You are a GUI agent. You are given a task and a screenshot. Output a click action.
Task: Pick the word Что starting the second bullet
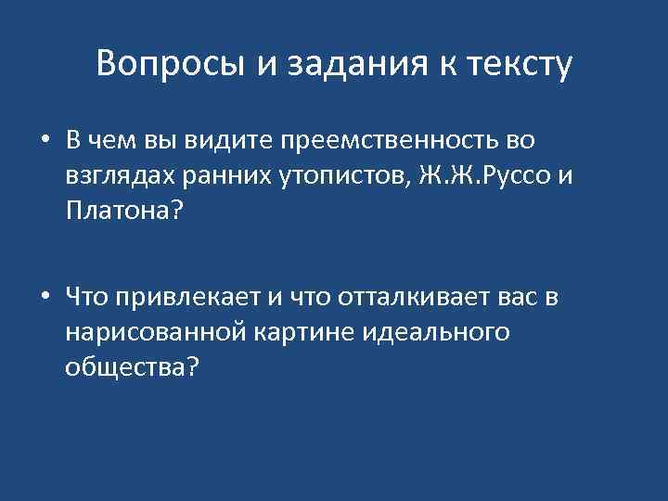click(84, 297)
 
